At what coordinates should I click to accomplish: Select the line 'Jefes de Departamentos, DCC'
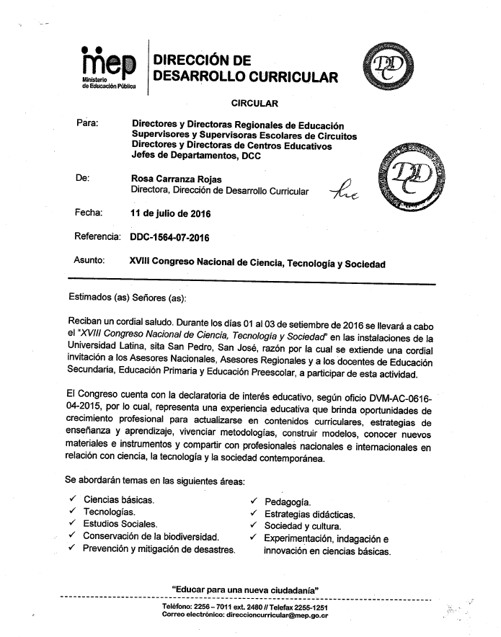click(195, 156)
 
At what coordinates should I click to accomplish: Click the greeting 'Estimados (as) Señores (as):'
click(127, 298)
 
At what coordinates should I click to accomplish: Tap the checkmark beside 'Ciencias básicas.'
click(72, 499)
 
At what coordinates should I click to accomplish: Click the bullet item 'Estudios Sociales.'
click(120, 524)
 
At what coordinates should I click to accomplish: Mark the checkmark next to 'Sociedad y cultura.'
click(254, 526)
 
